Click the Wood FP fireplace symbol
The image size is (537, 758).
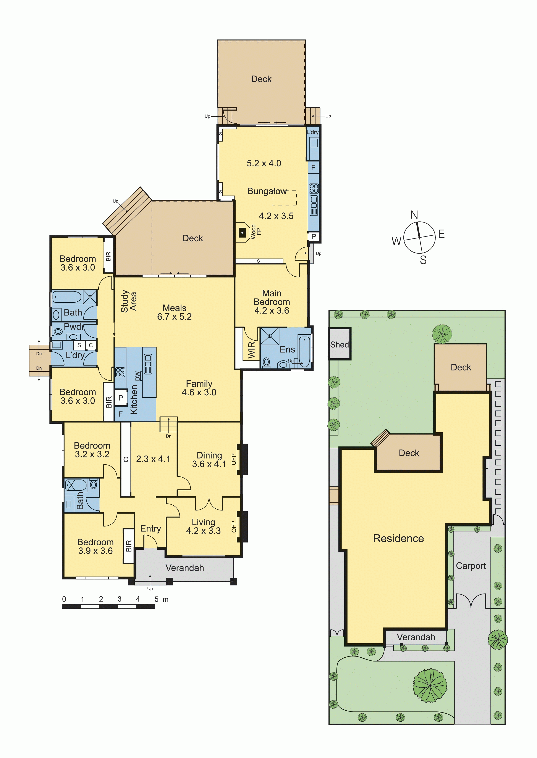pos(242,233)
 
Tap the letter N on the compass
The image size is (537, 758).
pos(414,215)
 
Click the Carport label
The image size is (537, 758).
pos(471,566)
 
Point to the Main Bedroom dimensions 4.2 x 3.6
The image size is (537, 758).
pos(272,311)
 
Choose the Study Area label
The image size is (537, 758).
pos(128,301)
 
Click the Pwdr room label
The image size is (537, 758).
pos(74,327)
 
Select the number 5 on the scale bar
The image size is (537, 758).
pos(156,599)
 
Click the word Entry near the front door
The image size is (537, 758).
pos(150,529)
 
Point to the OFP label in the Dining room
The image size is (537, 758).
pos(233,459)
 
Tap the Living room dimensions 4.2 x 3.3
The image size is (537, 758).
pos(203,531)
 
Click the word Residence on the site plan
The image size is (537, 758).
pos(398,538)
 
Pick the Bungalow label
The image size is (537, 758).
pos(267,191)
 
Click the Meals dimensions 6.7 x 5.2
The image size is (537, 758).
pos(174,317)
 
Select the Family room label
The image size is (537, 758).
pos(199,383)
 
